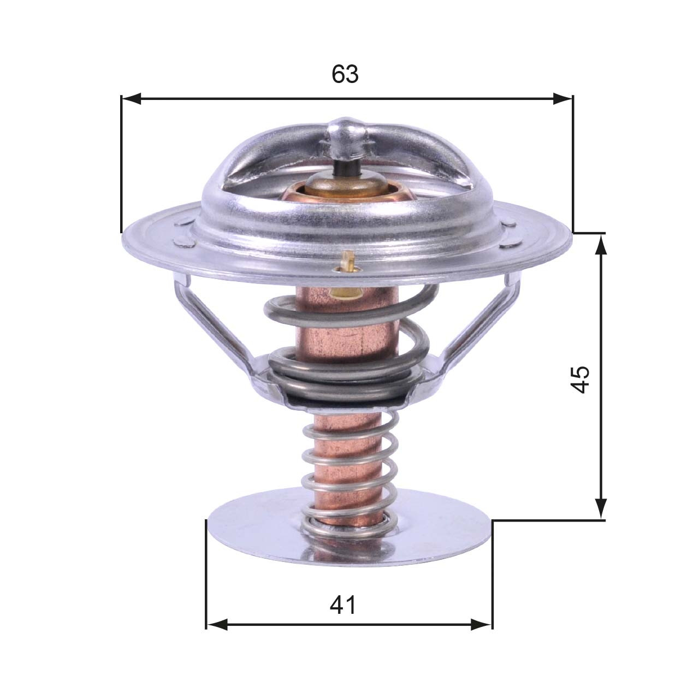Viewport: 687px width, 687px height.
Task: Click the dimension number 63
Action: tap(345, 74)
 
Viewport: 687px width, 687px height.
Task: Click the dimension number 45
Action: tap(580, 378)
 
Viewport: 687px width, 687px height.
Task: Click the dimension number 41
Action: tap(342, 605)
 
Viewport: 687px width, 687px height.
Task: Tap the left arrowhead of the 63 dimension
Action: tap(132, 99)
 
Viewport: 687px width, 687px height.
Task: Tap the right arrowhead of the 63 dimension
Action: tap(562, 99)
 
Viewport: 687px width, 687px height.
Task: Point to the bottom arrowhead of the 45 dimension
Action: tap(601, 508)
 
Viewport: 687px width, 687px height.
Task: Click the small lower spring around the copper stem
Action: tap(350, 470)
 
